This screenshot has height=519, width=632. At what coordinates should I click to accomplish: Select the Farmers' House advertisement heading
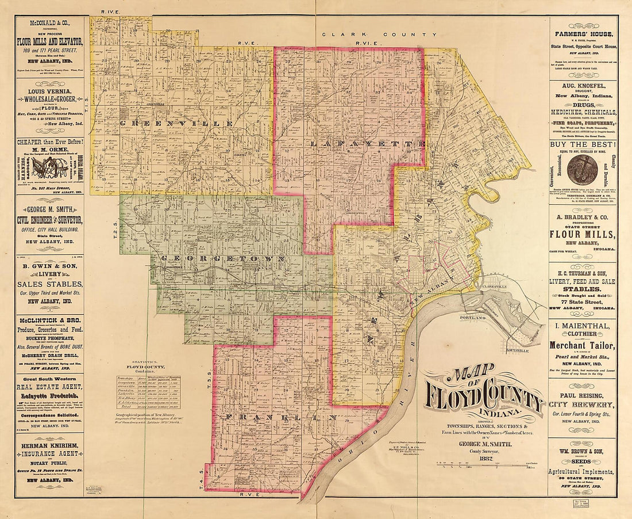(x=583, y=34)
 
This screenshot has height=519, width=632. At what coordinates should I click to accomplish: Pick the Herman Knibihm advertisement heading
(x=49, y=445)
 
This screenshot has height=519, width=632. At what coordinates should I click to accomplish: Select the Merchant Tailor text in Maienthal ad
(x=583, y=345)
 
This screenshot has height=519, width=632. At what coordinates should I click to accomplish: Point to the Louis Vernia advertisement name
(x=49, y=91)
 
